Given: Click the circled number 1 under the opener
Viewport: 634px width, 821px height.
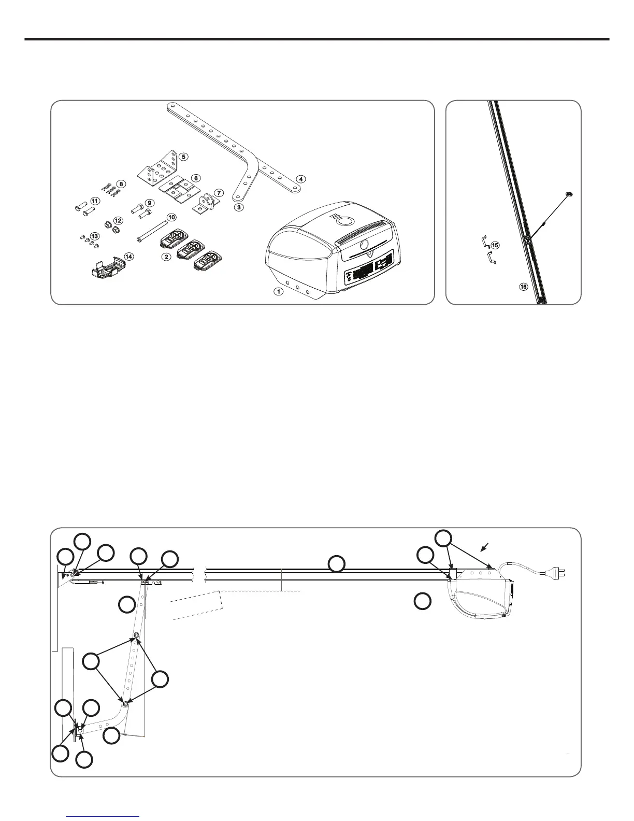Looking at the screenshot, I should (279, 291).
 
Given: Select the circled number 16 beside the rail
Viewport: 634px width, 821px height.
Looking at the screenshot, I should (524, 286).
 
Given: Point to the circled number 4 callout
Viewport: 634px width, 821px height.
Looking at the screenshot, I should (300, 179).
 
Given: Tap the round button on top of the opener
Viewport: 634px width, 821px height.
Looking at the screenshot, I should (343, 221).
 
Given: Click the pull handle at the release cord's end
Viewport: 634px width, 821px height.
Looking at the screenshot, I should (569, 194).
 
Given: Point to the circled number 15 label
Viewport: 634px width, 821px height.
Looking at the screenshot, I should (495, 245).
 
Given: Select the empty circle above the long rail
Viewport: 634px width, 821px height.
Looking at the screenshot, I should (337, 564).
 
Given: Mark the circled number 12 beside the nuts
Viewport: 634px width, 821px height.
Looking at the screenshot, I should (119, 221).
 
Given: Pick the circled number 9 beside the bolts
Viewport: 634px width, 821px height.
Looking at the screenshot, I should (149, 203).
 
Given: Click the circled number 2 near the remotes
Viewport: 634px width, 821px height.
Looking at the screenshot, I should (167, 257).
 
